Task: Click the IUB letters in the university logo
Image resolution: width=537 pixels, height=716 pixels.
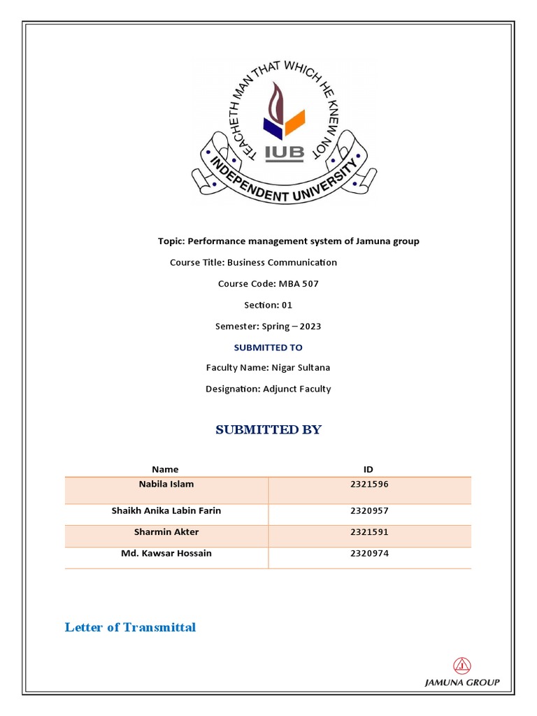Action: click(x=284, y=153)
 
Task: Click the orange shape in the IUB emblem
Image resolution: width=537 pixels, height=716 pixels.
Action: click(x=294, y=123)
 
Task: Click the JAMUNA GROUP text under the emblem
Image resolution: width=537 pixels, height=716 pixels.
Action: click(x=462, y=683)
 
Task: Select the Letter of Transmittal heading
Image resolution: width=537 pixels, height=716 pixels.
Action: click(x=130, y=627)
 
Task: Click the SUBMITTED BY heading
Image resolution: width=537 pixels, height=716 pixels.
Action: click(x=268, y=429)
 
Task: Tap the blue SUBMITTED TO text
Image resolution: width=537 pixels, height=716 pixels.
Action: click(x=268, y=348)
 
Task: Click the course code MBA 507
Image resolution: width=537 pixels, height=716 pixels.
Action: click(x=299, y=284)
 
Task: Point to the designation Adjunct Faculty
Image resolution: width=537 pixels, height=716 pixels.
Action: click(x=297, y=389)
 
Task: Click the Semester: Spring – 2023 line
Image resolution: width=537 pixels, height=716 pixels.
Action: click(x=268, y=326)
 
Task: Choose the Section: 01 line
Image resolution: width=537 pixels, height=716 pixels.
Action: click(x=268, y=305)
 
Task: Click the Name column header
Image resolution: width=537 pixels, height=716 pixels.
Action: click(x=165, y=469)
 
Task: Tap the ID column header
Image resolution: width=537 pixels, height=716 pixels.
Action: click(x=368, y=469)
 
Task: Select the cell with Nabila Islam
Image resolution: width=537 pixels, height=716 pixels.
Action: click(x=166, y=484)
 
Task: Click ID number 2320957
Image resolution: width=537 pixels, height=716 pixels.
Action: click(x=369, y=511)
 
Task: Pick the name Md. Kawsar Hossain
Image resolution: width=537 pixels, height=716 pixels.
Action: click(x=166, y=553)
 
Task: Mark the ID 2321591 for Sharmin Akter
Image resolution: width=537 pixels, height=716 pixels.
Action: click(x=369, y=532)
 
